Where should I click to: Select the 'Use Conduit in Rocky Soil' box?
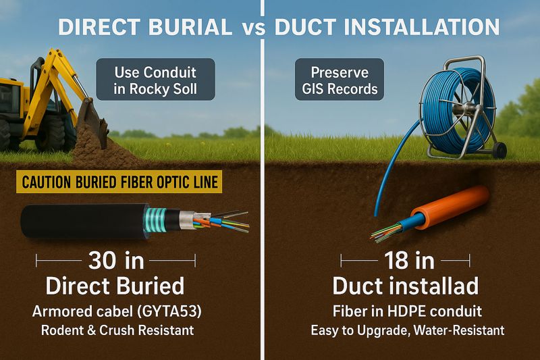pos(155,79)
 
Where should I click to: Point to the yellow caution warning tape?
pos(119,181)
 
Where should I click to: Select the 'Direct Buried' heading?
pos(115,286)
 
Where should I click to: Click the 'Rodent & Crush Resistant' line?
pos(115,331)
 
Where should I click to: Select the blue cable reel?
pos(454,101)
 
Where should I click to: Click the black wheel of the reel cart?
pos(500,150)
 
